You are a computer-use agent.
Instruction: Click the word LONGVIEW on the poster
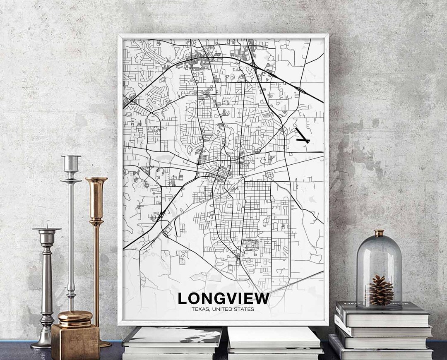tap(223, 298)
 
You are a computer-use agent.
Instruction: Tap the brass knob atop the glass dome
tap(379, 233)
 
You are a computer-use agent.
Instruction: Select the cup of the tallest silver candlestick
tap(71, 163)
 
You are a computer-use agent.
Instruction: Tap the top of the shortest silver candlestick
tap(47, 229)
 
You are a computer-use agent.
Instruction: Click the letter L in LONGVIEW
tap(182, 298)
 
